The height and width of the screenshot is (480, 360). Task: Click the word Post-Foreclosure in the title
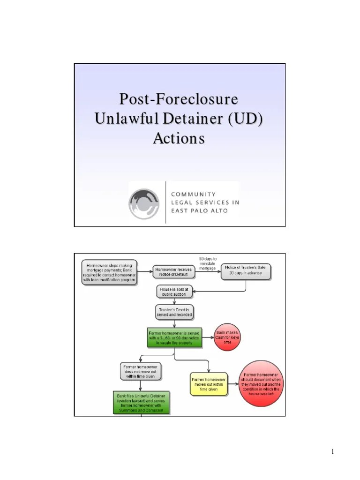point(178,100)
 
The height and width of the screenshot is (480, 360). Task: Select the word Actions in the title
point(179,139)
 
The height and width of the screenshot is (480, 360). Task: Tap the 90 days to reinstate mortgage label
point(207,263)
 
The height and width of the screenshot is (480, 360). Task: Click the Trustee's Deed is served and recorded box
point(174,312)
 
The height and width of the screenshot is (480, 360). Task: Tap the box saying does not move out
point(141,371)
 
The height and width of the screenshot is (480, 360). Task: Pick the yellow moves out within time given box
point(209,383)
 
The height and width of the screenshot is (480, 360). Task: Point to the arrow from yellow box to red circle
point(233,383)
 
